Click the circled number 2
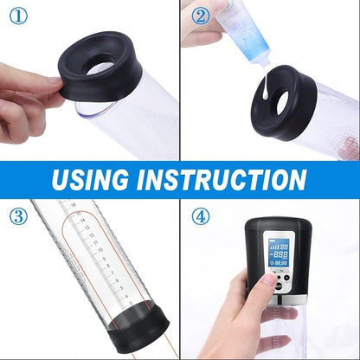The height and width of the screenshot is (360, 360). coord(201,16)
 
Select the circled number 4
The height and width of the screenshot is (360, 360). coord(201,215)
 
